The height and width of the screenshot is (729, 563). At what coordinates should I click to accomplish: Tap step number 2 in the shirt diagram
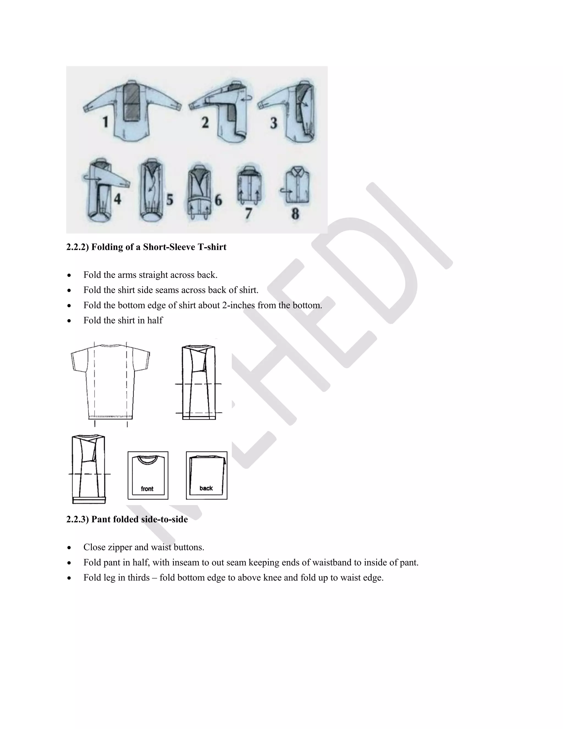(x=205, y=122)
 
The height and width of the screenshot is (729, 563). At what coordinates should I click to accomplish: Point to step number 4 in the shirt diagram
(x=117, y=199)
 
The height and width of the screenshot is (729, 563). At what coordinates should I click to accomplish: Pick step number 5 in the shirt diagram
(x=170, y=200)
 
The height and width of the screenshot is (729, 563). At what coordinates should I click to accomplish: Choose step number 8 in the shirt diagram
(x=295, y=214)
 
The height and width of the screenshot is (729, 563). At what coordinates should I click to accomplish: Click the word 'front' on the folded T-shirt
(x=147, y=489)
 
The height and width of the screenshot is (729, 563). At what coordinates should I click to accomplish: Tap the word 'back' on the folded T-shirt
(x=206, y=488)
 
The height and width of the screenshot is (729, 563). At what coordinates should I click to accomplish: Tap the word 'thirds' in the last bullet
(x=139, y=577)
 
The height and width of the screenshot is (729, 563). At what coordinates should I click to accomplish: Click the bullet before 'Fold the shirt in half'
(x=69, y=321)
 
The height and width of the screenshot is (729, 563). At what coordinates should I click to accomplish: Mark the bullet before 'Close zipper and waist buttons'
(x=69, y=548)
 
